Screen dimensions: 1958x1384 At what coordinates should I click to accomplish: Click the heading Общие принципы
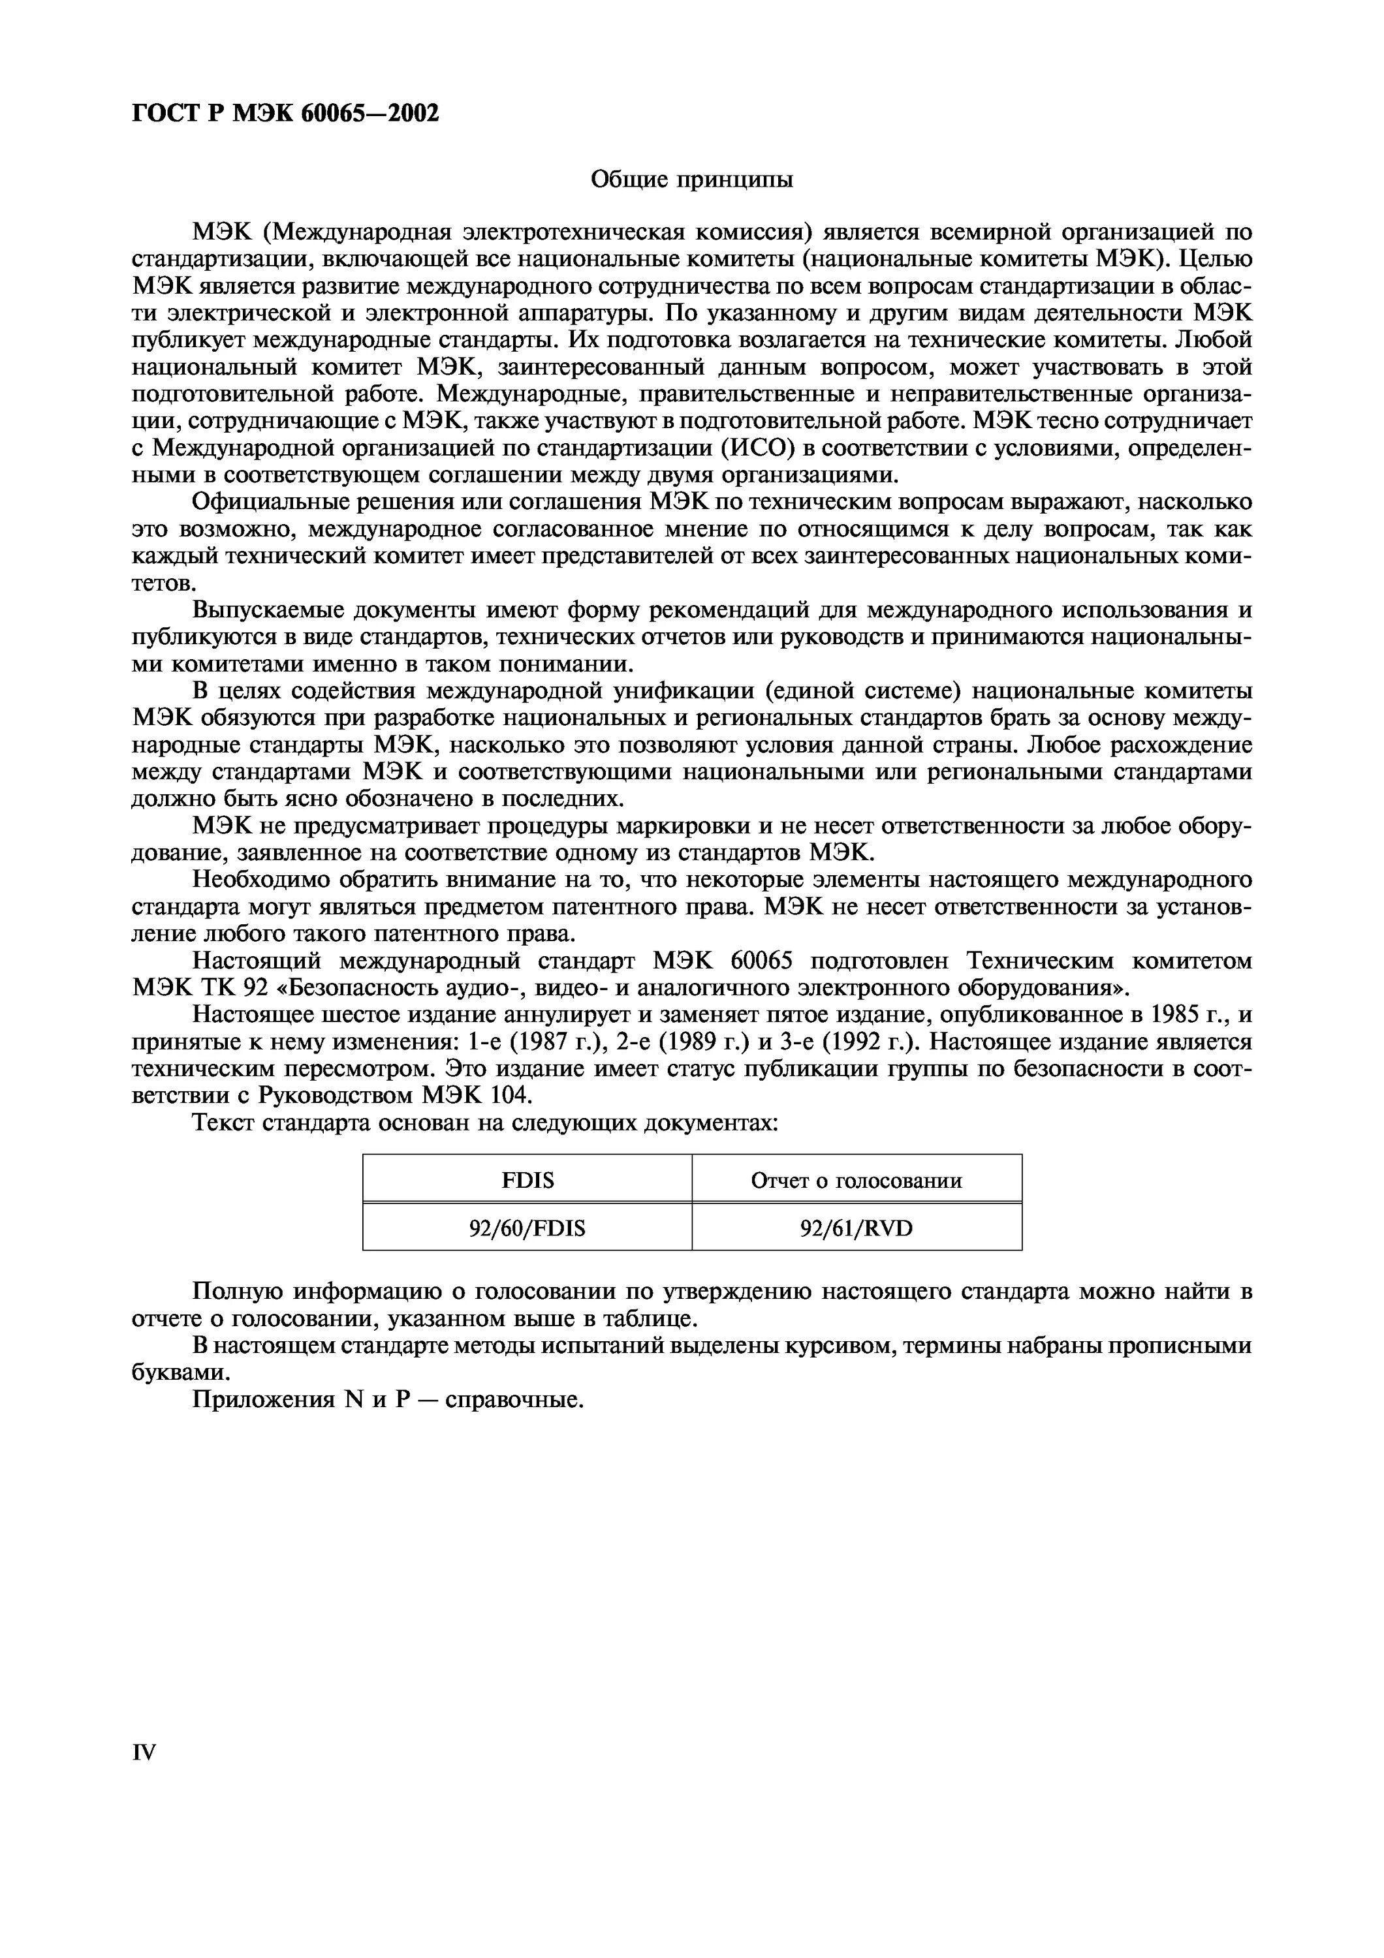pyautogui.click(x=691, y=180)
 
